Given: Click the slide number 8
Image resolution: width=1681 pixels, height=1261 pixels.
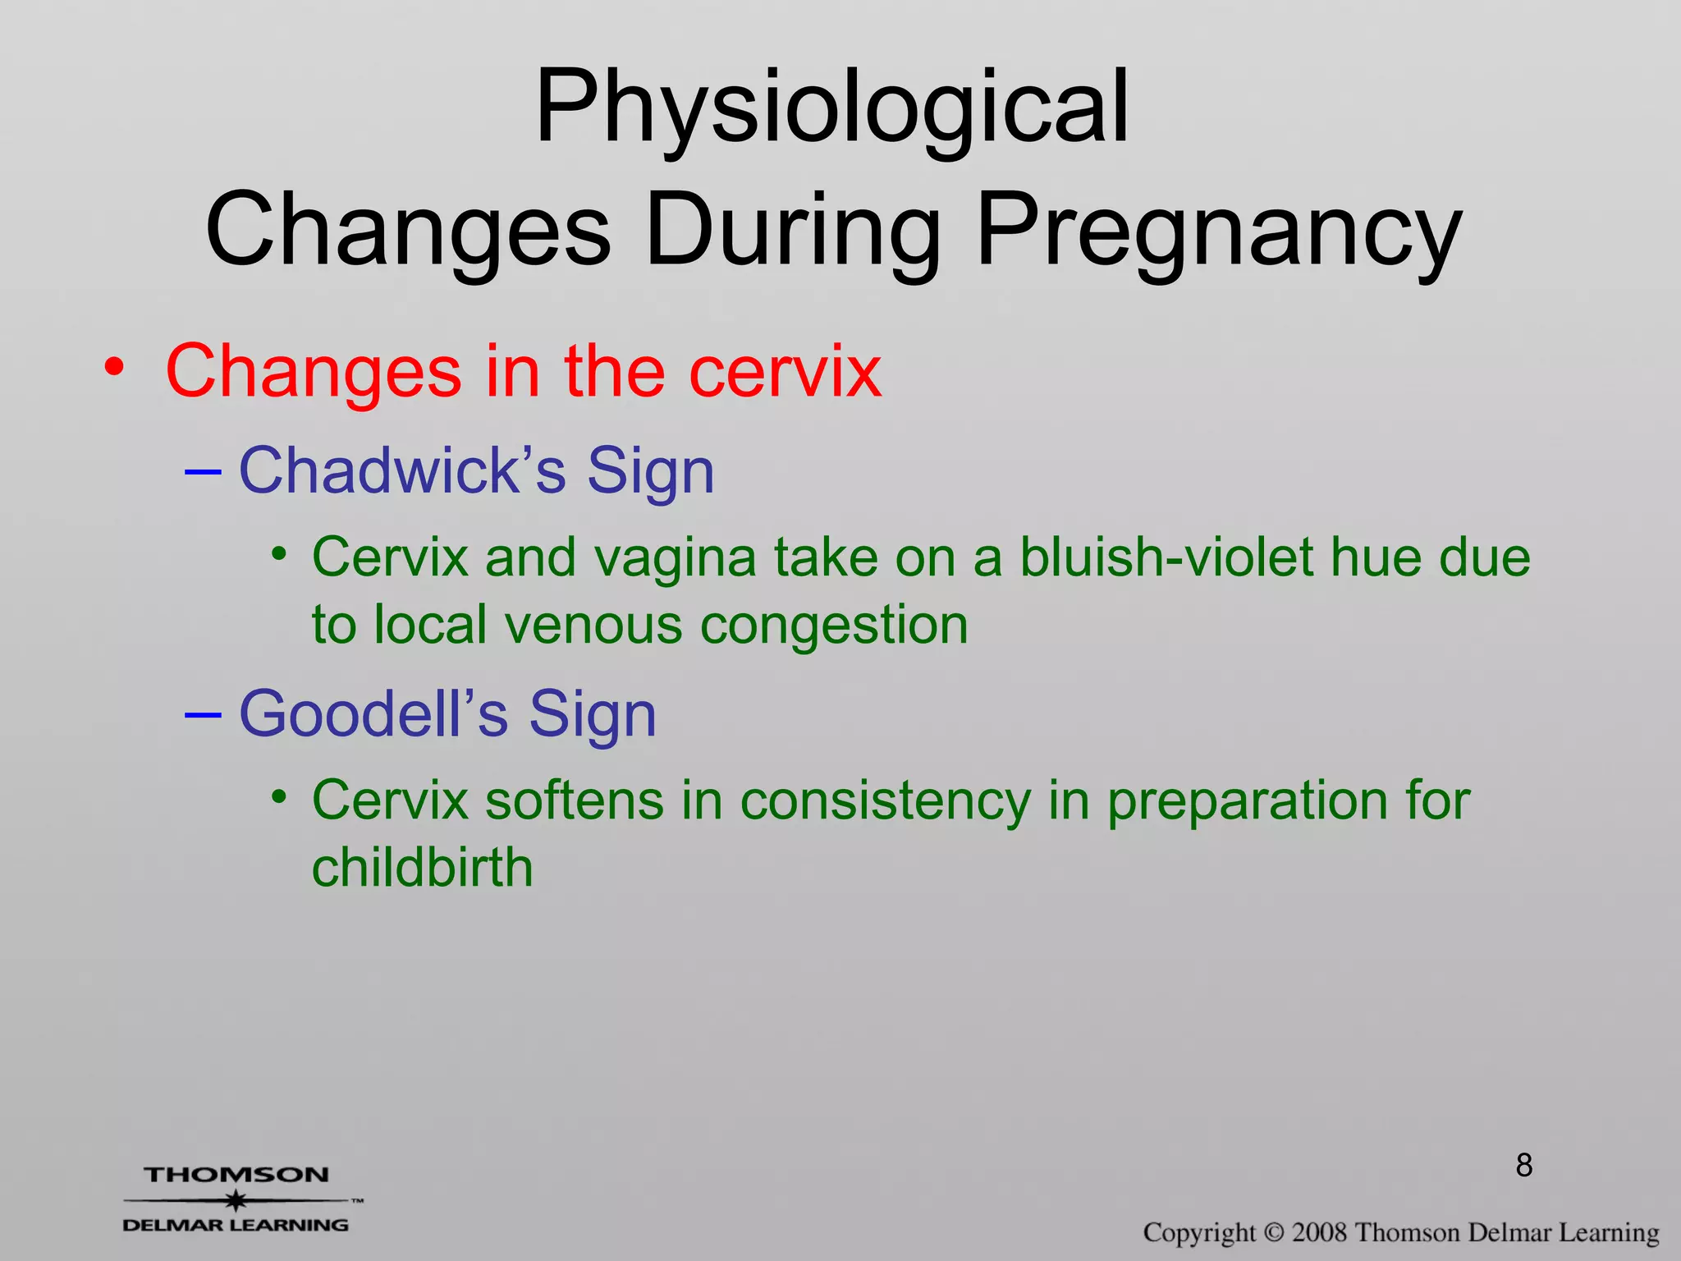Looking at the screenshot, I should [x=1524, y=1165].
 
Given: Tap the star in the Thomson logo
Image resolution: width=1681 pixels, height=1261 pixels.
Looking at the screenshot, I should [x=236, y=1200].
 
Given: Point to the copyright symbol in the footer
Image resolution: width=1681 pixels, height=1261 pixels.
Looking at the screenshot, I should [x=1274, y=1232].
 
